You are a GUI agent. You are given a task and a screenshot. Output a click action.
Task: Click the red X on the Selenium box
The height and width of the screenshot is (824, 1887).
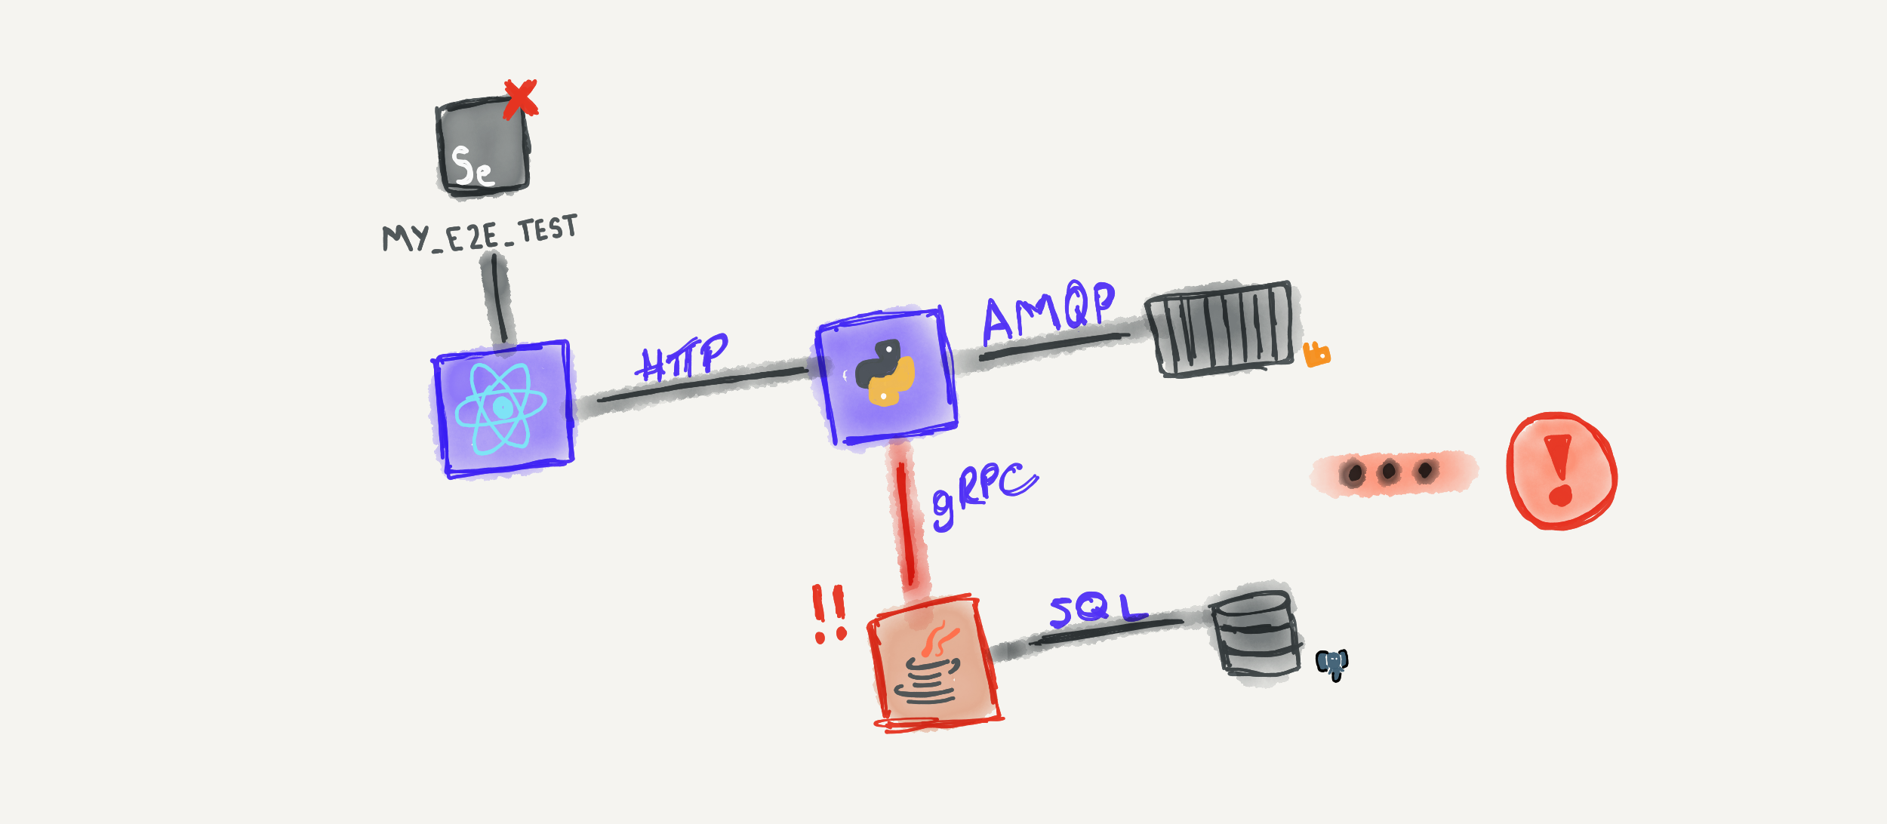pyautogui.click(x=520, y=99)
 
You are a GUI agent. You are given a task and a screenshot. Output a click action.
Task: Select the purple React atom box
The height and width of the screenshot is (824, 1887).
pyautogui.click(x=503, y=408)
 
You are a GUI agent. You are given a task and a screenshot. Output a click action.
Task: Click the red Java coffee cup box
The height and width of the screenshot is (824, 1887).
pyautogui.click(x=935, y=663)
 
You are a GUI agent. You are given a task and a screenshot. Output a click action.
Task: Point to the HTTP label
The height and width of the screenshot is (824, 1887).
pyautogui.click(x=681, y=356)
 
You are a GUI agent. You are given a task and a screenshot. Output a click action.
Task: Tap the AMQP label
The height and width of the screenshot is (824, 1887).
pyautogui.click(x=1048, y=310)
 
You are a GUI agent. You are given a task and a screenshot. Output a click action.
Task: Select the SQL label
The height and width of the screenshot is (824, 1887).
pyautogui.click(x=1098, y=608)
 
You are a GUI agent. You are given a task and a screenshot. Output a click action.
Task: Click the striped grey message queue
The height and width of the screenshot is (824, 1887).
pyautogui.click(x=1220, y=328)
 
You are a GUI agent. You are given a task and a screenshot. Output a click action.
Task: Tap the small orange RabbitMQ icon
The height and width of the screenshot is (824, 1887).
pyautogui.click(x=1316, y=354)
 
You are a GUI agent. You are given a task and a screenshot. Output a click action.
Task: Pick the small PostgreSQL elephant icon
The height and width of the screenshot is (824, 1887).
pyautogui.click(x=1332, y=664)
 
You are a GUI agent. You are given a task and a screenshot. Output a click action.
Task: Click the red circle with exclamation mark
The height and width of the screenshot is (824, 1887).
pyautogui.click(x=1561, y=471)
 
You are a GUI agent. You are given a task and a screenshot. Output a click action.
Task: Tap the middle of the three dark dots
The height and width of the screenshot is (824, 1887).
pyautogui.click(x=1388, y=472)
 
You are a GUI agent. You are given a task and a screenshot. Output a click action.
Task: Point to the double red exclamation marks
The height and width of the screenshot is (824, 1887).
pyautogui.click(x=830, y=613)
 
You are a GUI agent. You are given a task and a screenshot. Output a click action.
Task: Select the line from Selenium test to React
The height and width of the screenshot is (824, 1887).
pyautogui.click(x=499, y=298)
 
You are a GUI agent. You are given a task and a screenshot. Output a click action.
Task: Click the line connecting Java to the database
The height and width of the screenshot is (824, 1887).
pyautogui.click(x=1106, y=632)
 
